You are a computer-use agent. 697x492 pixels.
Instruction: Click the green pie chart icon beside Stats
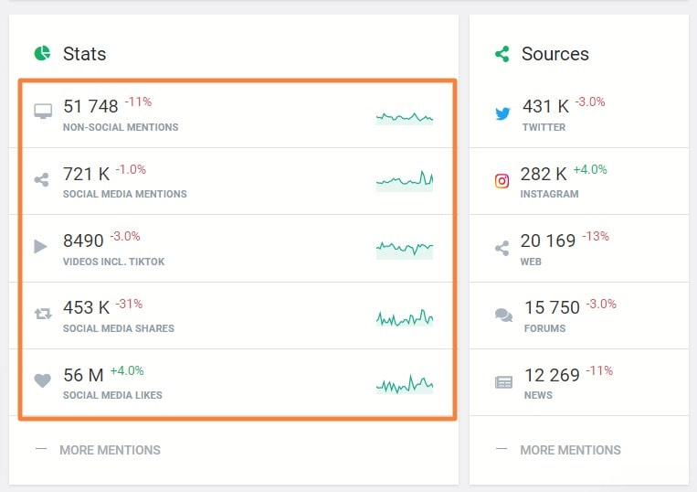point(42,53)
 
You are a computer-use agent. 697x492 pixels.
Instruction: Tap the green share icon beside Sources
point(502,54)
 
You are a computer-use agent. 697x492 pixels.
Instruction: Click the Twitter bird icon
point(502,114)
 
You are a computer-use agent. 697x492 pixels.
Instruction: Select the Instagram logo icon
point(502,181)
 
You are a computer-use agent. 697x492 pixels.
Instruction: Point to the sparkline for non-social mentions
point(404,117)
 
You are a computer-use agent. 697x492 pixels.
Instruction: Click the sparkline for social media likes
point(404,384)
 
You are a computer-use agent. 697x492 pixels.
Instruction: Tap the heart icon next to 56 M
point(42,380)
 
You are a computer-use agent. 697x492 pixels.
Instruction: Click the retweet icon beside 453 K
point(42,314)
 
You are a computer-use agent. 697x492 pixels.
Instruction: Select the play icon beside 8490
point(40,246)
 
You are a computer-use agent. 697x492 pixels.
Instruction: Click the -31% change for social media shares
point(128,304)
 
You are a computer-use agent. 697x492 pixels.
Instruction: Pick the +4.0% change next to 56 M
point(127,370)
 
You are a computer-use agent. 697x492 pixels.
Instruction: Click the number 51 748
point(90,107)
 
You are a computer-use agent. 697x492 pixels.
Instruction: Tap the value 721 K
point(86,174)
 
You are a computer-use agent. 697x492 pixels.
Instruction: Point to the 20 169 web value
point(548,241)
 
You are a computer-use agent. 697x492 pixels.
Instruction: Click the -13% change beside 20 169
point(596,236)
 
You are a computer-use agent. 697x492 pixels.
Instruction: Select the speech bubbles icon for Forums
point(503,315)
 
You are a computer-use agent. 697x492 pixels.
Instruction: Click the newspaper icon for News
point(503,382)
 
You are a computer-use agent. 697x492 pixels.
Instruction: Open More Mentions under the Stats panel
point(110,450)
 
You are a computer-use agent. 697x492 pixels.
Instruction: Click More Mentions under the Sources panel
point(570,450)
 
